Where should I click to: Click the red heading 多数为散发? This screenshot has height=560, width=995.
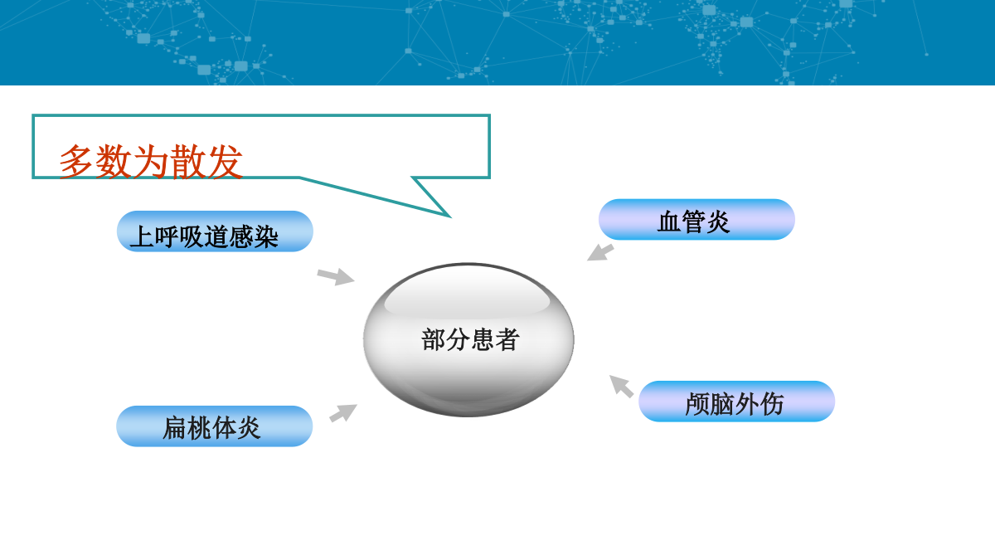(x=151, y=161)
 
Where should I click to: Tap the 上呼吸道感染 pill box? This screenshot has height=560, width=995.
(x=215, y=231)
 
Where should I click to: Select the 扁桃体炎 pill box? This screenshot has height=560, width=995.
(x=215, y=426)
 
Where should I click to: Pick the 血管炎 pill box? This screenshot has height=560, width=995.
(x=696, y=219)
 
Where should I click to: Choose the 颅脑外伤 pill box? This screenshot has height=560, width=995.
(x=736, y=401)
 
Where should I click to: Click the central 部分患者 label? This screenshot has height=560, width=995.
(x=470, y=339)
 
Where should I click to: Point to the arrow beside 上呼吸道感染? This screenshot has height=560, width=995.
(x=336, y=276)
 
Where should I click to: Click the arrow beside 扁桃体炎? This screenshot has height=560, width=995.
(x=343, y=413)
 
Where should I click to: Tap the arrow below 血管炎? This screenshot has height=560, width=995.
(x=600, y=252)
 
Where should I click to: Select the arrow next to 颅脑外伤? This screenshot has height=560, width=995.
(x=621, y=386)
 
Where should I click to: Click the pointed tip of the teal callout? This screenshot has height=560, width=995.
(x=450, y=217)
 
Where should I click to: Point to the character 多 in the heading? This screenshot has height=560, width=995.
(x=76, y=162)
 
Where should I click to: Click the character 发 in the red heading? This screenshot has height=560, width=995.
(x=226, y=162)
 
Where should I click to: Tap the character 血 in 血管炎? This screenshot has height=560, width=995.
(x=669, y=222)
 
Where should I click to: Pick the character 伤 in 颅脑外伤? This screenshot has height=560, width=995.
(x=772, y=404)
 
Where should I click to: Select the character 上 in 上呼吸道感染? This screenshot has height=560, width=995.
(x=142, y=236)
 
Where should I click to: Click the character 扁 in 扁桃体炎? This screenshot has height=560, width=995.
(x=175, y=428)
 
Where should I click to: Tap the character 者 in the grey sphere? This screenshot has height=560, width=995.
(x=507, y=339)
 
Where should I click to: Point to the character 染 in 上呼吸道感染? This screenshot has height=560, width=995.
(x=266, y=236)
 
